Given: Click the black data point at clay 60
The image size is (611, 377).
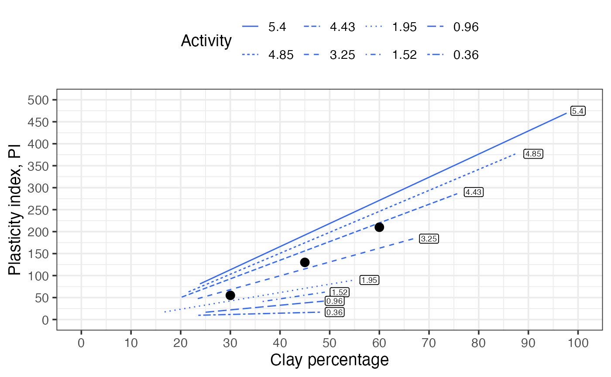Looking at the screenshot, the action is click(379, 227).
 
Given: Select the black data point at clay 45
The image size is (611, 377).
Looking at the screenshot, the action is click(305, 262).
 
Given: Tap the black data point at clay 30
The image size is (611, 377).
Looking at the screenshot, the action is click(230, 295).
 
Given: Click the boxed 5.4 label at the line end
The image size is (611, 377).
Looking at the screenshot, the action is click(578, 111).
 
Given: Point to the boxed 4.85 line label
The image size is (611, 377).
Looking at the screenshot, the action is click(533, 154).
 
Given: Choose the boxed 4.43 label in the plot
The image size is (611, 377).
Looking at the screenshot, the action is click(474, 192).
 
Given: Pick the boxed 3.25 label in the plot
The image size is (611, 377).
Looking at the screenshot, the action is click(429, 239).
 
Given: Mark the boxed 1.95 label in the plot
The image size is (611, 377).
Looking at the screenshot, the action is click(369, 280).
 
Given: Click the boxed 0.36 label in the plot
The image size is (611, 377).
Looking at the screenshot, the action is click(334, 312).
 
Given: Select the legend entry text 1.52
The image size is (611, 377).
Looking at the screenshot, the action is click(404, 55).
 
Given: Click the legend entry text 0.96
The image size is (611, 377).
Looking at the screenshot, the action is click(466, 27).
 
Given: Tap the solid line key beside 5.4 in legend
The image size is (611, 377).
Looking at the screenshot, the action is click(250, 27).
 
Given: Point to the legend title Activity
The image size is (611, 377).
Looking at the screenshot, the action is click(206, 41).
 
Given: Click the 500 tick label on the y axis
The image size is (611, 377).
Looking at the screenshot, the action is click(38, 100).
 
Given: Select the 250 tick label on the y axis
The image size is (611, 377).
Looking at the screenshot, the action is click(38, 210).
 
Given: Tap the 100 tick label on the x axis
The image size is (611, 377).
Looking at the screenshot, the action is click(578, 343).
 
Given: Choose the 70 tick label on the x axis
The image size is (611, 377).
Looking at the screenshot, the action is click(429, 343).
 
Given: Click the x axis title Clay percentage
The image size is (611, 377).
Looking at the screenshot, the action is click(330, 360).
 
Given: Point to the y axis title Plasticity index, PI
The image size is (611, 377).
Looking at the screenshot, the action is click(14, 210).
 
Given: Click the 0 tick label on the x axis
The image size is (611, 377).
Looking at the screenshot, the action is click(81, 343).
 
